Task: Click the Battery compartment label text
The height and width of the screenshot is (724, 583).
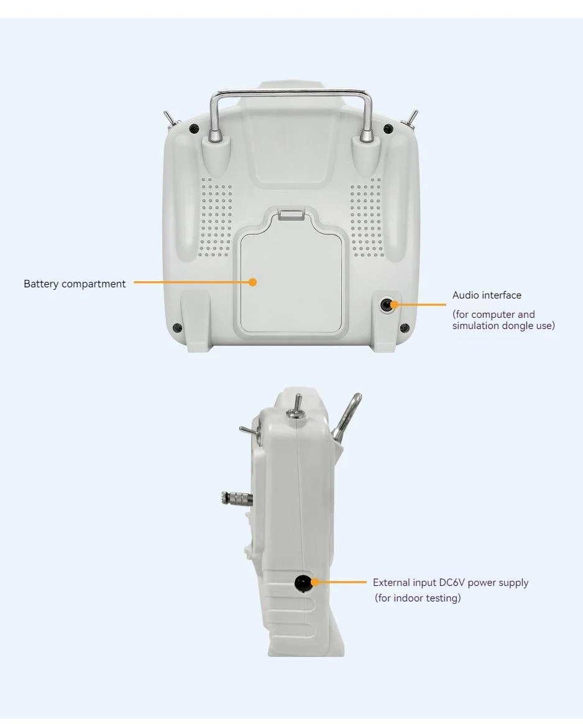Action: (x=74, y=284)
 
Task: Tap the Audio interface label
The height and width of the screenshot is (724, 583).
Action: (x=487, y=295)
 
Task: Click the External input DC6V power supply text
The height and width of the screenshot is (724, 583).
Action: (x=451, y=583)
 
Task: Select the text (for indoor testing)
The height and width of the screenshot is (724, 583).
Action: (x=418, y=598)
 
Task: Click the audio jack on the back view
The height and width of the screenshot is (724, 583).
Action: (x=386, y=305)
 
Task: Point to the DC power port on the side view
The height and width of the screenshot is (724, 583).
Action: (x=303, y=583)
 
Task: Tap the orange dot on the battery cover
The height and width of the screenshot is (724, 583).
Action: (x=252, y=282)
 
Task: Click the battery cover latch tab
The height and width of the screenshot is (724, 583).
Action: (x=291, y=215)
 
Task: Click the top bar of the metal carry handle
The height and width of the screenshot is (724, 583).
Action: (x=291, y=94)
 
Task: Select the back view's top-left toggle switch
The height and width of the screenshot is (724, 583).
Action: (x=170, y=119)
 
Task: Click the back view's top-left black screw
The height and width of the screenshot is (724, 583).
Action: (x=194, y=129)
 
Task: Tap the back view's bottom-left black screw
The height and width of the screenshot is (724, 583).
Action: (x=177, y=328)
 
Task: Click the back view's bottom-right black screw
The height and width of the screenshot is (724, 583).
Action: (x=405, y=328)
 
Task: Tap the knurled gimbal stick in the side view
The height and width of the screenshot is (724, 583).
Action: (x=237, y=498)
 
